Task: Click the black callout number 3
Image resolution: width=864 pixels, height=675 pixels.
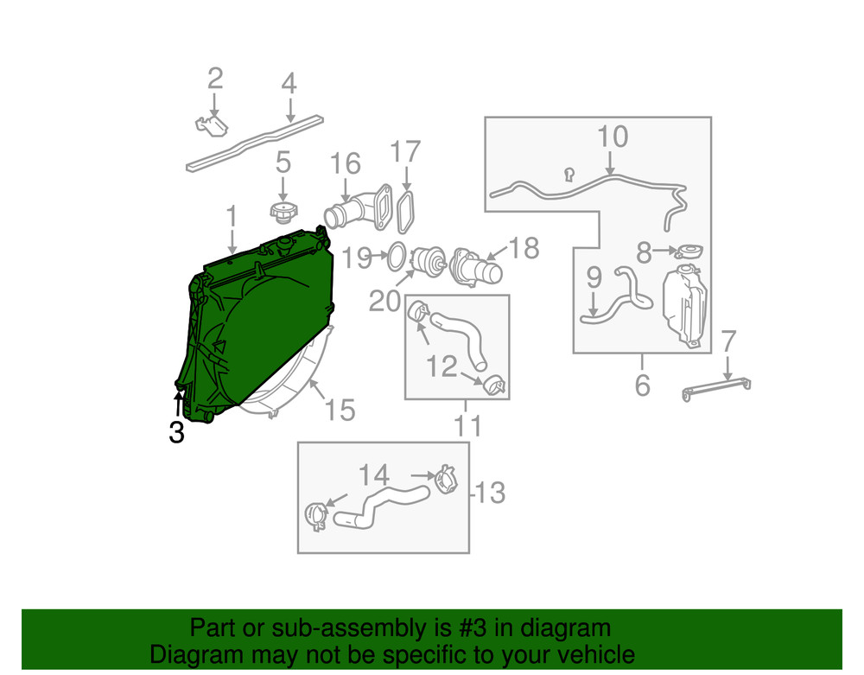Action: point(176,432)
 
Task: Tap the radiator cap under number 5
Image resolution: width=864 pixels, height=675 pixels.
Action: point(283,213)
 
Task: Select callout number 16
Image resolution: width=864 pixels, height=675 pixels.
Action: point(346,163)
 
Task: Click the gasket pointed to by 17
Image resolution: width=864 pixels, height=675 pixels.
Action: point(405,212)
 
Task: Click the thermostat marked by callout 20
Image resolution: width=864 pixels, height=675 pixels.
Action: point(429,262)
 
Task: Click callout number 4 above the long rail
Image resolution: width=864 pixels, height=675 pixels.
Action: point(289,83)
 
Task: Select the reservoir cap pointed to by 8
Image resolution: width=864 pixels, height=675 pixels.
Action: point(689,252)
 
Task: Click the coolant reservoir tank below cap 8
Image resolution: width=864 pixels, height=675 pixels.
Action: point(685,305)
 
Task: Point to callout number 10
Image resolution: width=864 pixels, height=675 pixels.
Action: point(613,136)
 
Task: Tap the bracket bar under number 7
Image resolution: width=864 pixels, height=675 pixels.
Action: point(716,388)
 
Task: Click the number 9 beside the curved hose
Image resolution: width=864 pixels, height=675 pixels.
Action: point(594,277)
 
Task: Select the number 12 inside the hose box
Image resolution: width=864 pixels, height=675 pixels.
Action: point(442,366)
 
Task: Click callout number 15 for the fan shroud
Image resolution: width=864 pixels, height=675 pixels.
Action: point(340,410)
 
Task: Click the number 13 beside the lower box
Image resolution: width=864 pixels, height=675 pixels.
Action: point(490,493)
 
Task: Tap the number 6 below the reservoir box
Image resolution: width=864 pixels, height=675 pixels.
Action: point(643,385)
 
